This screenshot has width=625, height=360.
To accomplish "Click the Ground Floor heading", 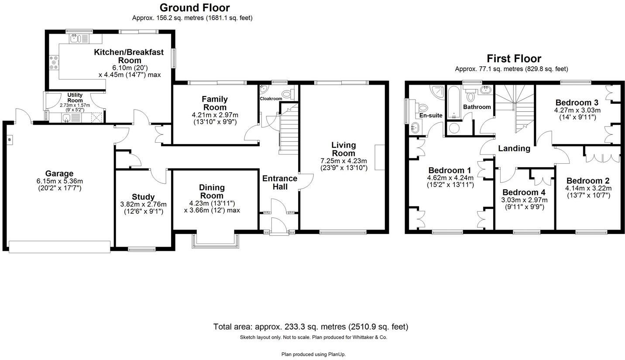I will pos(194,8).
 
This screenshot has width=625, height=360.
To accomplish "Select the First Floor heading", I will pos(514,58).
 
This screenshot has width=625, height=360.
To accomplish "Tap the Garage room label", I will pos(59,173).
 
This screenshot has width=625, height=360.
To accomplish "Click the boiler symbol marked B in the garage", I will pos(9,140).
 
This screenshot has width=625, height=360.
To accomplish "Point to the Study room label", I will pos(143,197).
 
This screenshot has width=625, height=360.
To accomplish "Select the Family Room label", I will pos(215,103).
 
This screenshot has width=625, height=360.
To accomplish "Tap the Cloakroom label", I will pos(271,99).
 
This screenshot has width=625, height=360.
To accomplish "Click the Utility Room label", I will pos(75,97).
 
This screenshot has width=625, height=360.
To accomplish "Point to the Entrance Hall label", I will pos(279,182).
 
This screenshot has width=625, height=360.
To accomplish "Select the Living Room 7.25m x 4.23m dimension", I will pos(343,161).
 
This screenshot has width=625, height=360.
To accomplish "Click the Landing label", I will pos(514,148).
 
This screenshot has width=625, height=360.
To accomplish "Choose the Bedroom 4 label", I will pos(524,192).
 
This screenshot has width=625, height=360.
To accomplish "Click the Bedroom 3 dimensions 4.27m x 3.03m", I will pos(577,110).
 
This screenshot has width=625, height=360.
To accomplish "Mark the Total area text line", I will pos(310,326).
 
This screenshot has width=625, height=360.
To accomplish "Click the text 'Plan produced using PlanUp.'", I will pos(313,354).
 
